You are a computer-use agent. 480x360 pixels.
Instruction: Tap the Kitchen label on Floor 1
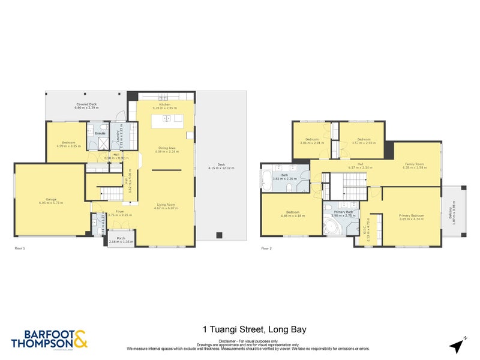[165, 104]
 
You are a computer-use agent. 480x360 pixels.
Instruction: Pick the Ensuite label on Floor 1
[100, 133]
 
